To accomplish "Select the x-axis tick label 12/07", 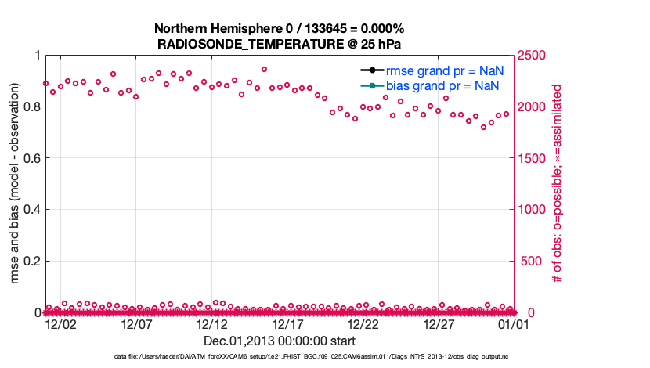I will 136,324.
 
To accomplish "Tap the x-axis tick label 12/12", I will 212,324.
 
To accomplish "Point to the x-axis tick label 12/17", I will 287,324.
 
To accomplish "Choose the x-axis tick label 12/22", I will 363,324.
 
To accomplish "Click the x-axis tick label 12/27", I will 439,324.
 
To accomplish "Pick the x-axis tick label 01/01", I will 514,324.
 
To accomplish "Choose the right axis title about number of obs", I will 558,185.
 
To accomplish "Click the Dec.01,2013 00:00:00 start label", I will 280,341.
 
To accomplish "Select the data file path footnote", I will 312,356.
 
